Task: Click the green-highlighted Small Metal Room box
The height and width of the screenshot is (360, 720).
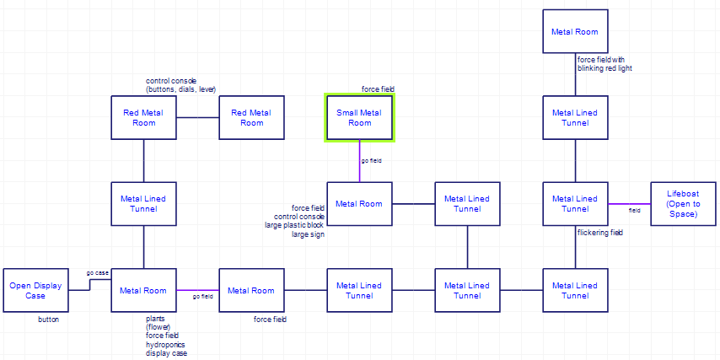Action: tap(360, 117)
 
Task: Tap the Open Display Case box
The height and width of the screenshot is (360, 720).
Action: tap(35, 290)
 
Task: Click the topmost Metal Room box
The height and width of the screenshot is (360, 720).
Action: tap(575, 32)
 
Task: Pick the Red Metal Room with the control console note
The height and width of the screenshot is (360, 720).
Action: tap(144, 117)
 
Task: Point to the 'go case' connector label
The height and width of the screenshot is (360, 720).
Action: tap(98, 273)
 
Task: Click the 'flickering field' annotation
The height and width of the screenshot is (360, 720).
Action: tap(599, 232)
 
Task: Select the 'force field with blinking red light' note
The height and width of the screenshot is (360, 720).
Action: tap(604, 64)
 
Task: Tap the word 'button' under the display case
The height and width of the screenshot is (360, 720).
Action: tap(48, 320)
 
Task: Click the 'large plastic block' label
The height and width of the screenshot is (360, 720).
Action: tap(294, 225)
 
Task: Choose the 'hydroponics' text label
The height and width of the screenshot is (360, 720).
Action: tap(166, 344)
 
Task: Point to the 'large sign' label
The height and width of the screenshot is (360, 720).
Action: tap(308, 234)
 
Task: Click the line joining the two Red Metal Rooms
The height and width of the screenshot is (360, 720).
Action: tap(198, 117)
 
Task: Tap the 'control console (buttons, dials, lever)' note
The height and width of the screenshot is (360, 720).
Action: tap(180, 85)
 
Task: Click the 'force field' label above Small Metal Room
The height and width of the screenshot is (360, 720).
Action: tap(378, 89)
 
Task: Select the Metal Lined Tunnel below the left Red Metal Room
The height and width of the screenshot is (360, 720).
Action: tap(144, 203)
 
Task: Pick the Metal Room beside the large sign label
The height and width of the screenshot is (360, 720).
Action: tap(360, 203)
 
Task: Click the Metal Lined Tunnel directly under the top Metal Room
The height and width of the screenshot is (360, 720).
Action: tap(575, 117)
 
